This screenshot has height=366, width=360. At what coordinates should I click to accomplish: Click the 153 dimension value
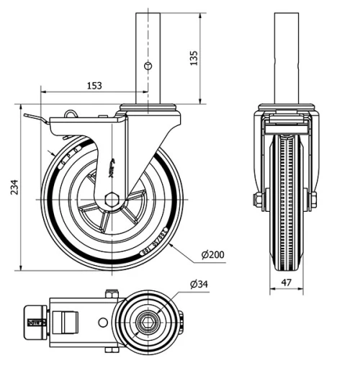[94, 86]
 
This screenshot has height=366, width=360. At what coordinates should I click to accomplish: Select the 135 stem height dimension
[193, 58]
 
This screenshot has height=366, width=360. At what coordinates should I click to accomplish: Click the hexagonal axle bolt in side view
[112, 199]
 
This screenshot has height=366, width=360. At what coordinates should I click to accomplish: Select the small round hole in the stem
[148, 66]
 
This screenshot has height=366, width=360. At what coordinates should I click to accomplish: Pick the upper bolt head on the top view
[111, 293]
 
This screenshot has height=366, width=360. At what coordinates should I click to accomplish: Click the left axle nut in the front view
[257, 200]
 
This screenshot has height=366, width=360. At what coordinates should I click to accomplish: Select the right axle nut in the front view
[313, 200]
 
